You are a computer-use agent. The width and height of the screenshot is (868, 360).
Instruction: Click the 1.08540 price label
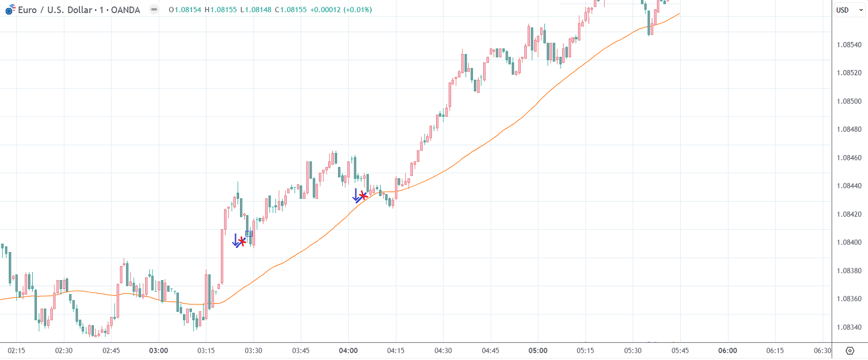click(x=849, y=45)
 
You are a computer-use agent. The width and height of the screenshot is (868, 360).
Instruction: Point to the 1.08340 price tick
click(x=849, y=327)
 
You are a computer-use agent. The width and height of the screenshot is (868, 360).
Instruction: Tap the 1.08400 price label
click(x=849, y=242)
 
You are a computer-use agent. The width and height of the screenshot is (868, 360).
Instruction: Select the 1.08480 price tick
click(x=849, y=129)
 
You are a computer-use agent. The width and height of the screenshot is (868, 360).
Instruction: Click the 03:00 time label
click(x=159, y=351)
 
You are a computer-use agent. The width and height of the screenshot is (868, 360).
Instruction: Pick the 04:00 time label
click(x=348, y=351)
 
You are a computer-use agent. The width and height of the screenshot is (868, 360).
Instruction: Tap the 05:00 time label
click(x=538, y=351)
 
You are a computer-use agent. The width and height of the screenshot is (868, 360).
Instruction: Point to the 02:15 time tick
click(x=17, y=351)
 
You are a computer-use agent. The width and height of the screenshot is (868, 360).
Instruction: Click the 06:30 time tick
click(x=822, y=351)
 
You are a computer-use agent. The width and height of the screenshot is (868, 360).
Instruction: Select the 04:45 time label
click(x=491, y=351)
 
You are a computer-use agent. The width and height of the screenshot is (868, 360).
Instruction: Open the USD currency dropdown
click(x=849, y=10)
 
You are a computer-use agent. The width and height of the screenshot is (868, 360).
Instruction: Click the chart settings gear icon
click(x=850, y=351)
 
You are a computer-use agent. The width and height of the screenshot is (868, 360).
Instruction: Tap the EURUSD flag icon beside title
click(x=10, y=9)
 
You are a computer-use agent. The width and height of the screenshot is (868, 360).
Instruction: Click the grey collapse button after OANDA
click(x=154, y=9)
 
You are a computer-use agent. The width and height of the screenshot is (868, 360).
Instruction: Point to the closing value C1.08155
click(x=290, y=10)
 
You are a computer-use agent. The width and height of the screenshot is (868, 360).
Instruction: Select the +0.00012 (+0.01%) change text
click(x=341, y=10)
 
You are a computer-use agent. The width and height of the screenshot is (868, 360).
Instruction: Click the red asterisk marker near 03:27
click(x=242, y=241)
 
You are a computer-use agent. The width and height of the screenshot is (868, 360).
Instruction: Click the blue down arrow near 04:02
click(x=356, y=195)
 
